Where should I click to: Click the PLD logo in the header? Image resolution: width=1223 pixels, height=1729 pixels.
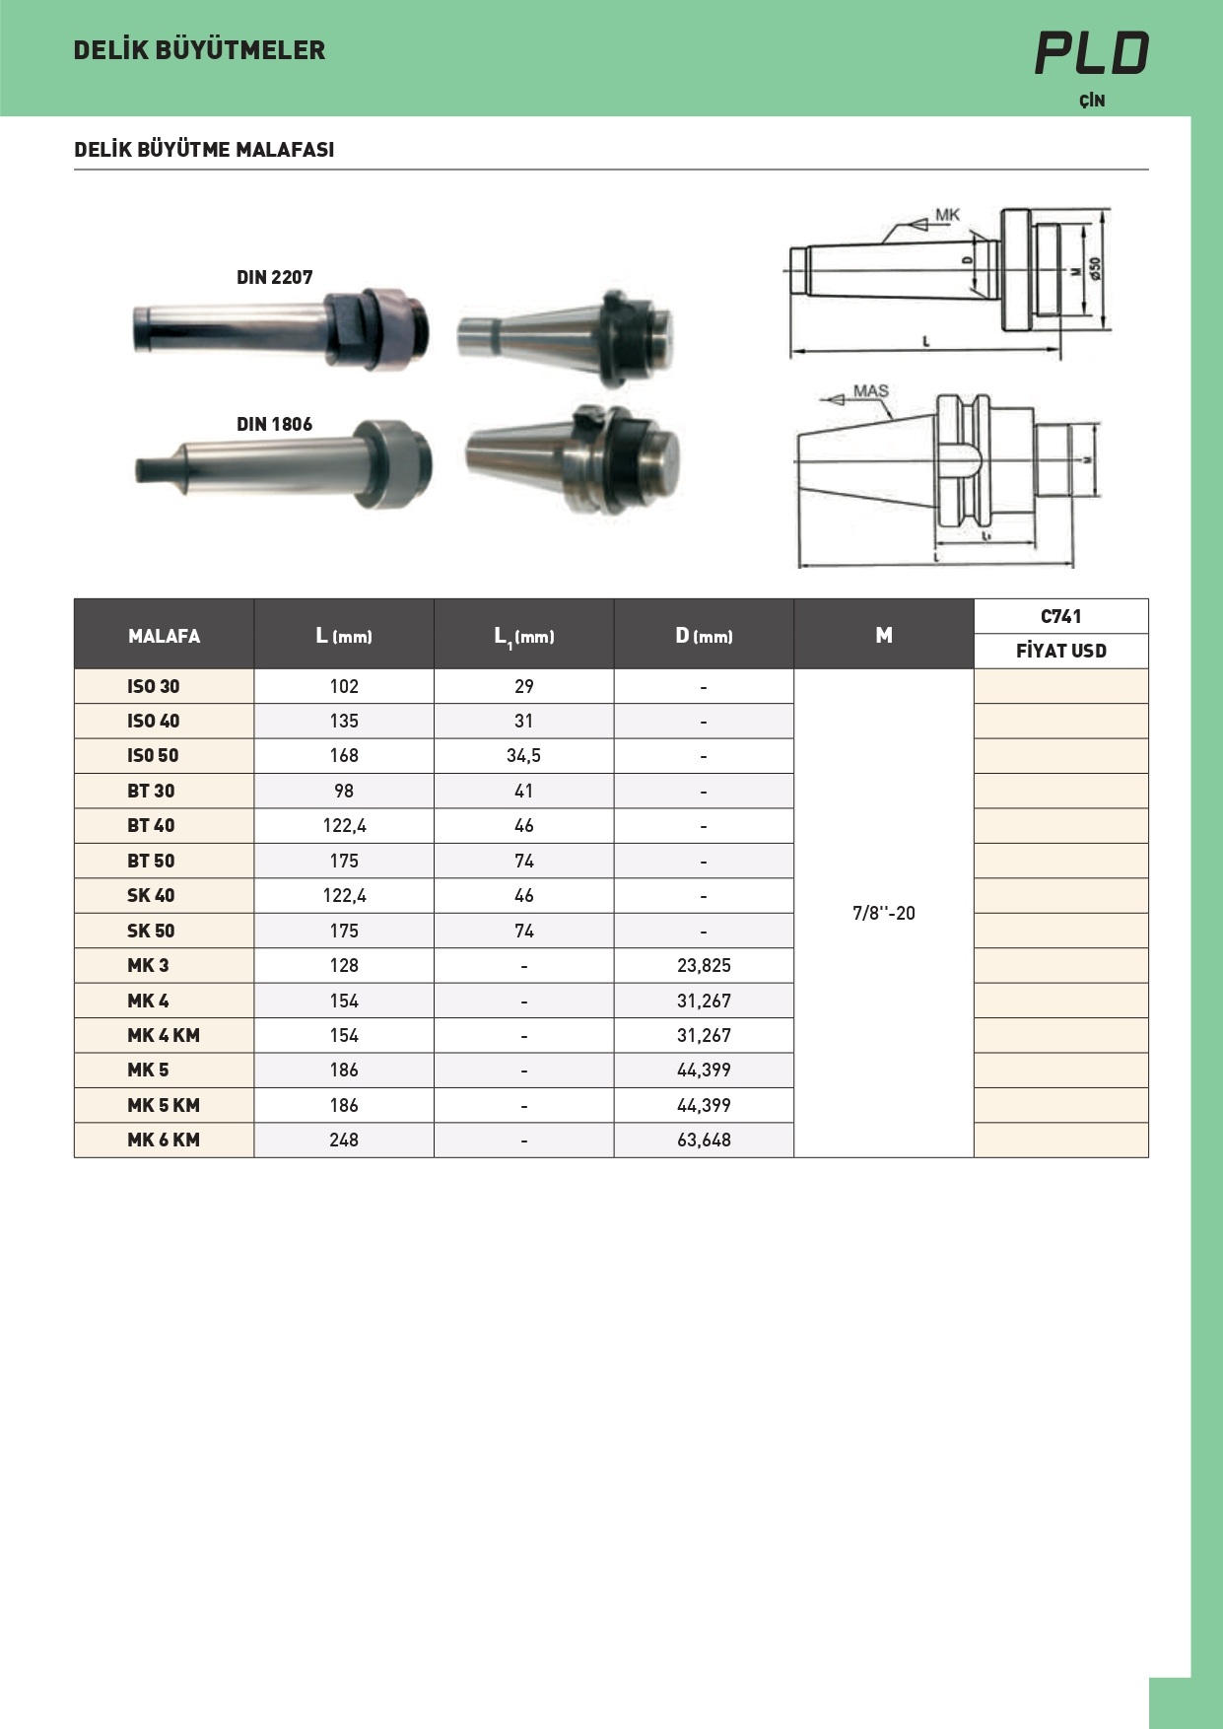coord(1092,53)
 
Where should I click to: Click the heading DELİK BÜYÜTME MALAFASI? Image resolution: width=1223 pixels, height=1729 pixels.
coord(204,150)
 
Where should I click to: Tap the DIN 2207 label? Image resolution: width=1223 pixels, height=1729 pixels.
coord(274,278)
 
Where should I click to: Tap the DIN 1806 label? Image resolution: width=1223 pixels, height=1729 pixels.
coord(274,425)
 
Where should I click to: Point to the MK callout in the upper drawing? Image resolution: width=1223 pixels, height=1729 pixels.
coord(947,215)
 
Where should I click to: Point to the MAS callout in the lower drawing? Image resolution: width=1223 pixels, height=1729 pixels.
coord(871,391)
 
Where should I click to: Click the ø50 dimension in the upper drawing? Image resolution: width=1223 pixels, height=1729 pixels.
coord(1095,268)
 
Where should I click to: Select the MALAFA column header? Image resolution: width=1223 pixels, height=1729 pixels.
coord(164,636)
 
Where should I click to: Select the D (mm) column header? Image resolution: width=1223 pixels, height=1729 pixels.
coord(704,636)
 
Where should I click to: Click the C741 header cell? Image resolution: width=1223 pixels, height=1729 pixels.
coord(1061,616)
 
